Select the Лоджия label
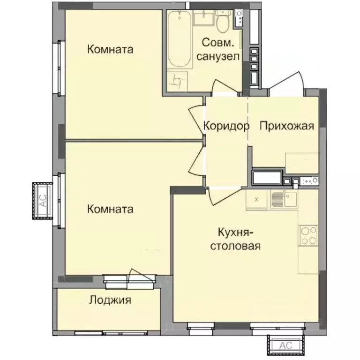point(110,300)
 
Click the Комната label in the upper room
point(110,49)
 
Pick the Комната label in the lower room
point(110,209)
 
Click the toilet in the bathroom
point(223,21)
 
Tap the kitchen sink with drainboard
point(283,199)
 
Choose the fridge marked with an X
point(256,199)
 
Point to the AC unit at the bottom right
point(286,345)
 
